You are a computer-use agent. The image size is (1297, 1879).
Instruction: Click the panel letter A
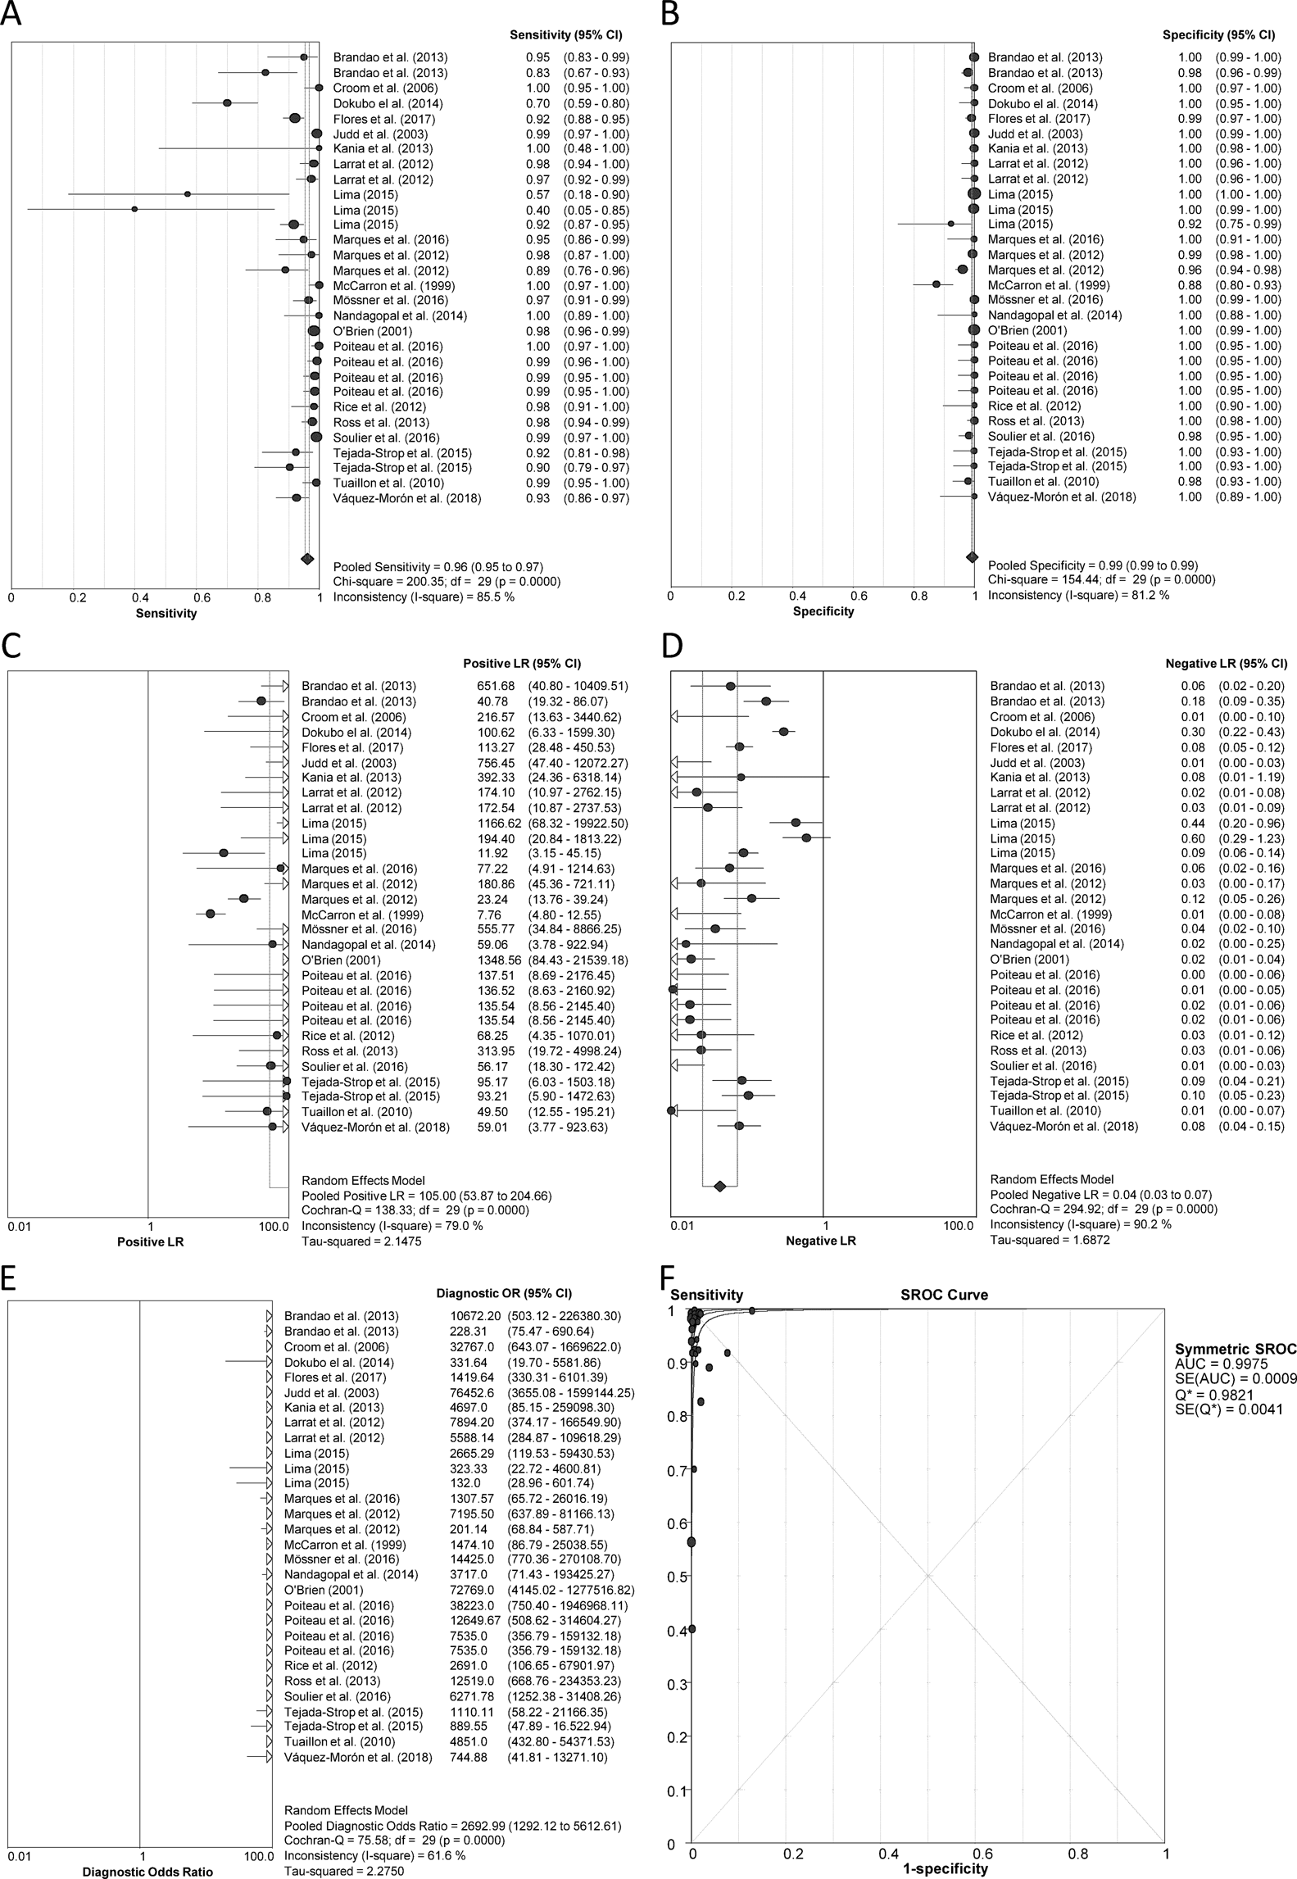(11, 16)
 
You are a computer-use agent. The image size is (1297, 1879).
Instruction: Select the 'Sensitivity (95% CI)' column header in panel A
(565, 35)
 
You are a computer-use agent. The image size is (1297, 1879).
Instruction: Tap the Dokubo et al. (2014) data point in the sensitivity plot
(227, 103)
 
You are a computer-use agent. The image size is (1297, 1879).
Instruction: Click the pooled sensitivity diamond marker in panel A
(307, 559)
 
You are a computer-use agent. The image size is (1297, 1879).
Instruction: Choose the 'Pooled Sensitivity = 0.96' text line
(438, 567)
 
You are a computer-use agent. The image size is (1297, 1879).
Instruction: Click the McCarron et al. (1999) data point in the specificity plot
(936, 284)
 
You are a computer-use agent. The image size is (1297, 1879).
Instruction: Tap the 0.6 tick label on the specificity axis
(858, 596)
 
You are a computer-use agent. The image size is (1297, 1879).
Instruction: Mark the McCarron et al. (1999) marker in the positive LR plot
(211, 914)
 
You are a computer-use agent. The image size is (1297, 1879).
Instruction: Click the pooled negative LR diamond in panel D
(720, 1186)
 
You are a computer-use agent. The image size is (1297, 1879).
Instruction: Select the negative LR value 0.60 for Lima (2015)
(1193, 838)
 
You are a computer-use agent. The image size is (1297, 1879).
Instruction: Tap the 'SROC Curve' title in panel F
(938, 1296)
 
